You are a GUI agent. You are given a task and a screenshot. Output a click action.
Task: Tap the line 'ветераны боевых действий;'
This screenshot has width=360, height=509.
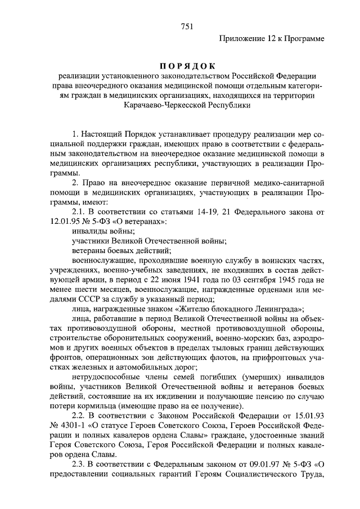(122, 251)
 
